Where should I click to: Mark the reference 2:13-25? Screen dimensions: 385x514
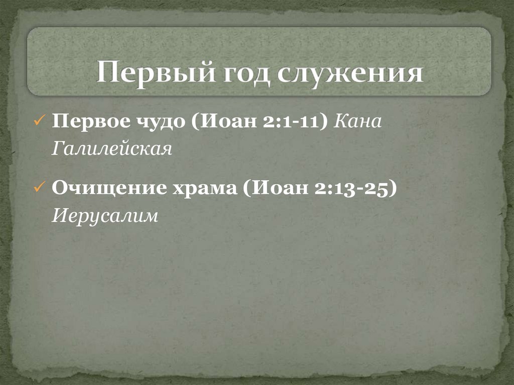[x=357, y=188]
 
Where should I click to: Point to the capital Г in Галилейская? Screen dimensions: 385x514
[x=56, y=149]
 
